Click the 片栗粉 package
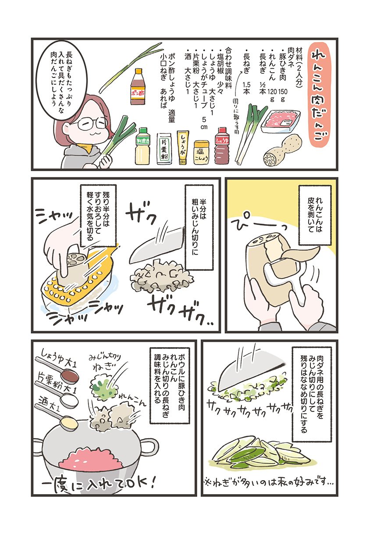coord(164,148)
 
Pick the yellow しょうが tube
coord(183,147)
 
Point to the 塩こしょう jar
coord(201,152)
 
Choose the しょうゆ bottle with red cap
coord(221,146)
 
